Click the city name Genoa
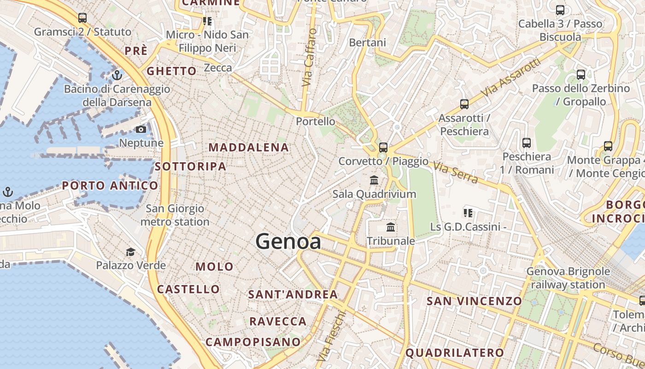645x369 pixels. (288, 242)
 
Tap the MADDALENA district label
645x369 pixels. (249, 148)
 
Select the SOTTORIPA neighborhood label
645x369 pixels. (190, 167)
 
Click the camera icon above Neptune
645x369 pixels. (141, 130)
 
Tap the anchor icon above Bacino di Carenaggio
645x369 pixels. (117, 75)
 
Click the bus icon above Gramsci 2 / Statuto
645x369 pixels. (82, 18)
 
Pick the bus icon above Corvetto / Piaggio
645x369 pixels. (383, 148)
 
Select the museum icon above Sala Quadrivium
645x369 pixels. (374, 180)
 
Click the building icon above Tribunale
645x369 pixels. (391, 227)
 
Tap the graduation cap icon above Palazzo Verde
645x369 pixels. (131, 252)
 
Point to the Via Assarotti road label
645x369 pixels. (510, 78)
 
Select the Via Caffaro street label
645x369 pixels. (309, 57)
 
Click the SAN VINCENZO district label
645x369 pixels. (474, 301)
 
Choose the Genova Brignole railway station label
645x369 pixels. (568, 278)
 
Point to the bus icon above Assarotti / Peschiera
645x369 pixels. (464, 104)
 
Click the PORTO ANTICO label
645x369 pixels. (110, 186)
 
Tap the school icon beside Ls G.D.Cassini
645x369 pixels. (468, 213)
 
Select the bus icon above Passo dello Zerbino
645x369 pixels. (581, 75)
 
